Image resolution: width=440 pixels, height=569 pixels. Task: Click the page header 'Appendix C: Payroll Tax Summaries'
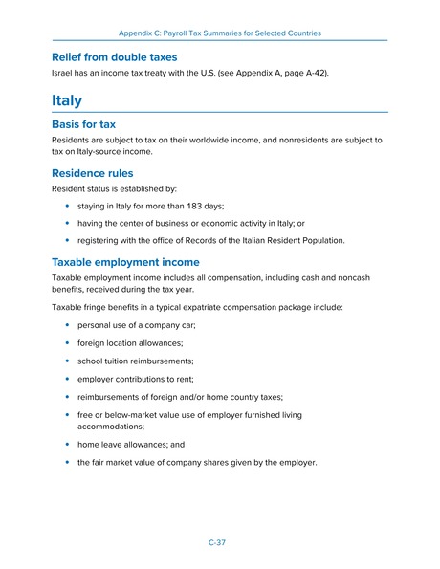click(x=219, y=33)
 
